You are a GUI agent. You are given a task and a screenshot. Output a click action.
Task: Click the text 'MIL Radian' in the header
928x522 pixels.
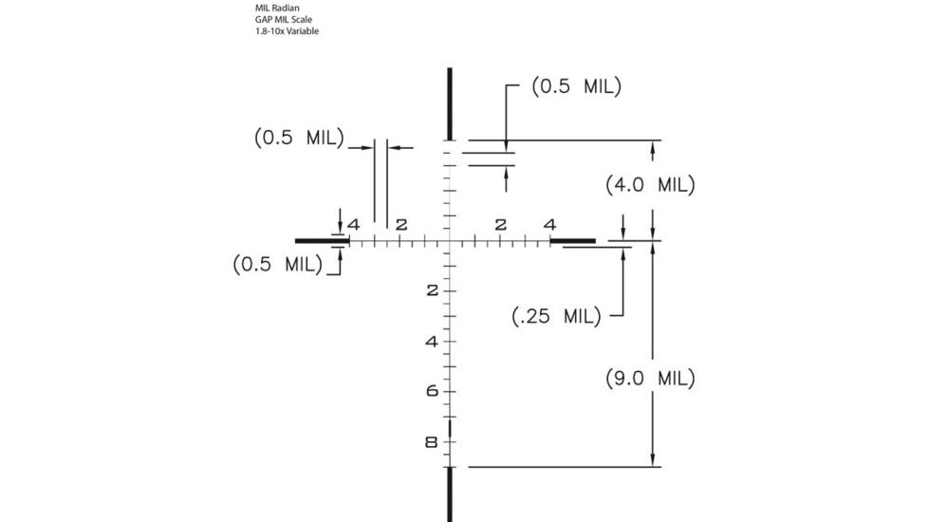click(x=277, y=8)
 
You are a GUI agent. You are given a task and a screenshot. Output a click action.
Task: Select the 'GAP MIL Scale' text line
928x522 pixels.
click(x=284, y=19)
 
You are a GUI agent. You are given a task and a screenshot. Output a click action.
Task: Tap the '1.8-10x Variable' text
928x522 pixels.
click(x=288, y=30)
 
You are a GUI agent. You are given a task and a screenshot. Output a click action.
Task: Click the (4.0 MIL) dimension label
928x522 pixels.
click(x=650, y=185)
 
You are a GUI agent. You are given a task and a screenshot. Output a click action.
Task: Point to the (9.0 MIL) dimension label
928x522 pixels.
click(x=650, y=378)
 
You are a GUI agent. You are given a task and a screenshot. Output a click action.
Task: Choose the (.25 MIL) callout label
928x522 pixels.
click(x=556, y=316)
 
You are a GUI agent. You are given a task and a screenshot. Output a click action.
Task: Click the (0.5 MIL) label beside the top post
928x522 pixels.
click(x=577, y=86)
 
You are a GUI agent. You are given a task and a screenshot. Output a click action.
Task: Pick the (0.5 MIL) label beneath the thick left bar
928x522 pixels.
click(x=278, y=264)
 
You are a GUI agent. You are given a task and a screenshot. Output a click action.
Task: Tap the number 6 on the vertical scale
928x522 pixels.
click(x=433, y=391)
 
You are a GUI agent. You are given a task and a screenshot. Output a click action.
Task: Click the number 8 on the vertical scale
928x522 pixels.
click(x=432, y=442)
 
